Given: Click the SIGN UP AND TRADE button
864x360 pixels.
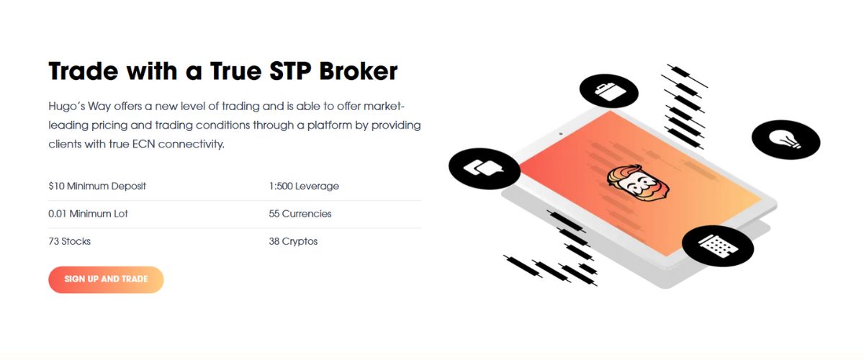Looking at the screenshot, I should pyautogui.click(x=106, y=279).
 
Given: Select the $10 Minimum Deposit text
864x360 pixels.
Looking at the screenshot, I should pyautogui.click(x=97, y=186).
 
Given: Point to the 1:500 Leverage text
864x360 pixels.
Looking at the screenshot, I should pyautogui.click(x=304, y=186).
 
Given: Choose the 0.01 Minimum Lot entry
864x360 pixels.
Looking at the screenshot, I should pyautogui.click(x=88, y=214).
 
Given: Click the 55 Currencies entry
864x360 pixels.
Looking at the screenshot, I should pyautogui.click(x=300, y=214).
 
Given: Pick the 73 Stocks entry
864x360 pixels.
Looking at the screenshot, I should pyautogui.click(x=70, y=241).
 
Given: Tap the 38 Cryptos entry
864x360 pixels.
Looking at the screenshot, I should pyautogui.click(x=293, y=241).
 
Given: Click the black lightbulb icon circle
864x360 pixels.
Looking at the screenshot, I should pyautogui.click(x=786, y=140).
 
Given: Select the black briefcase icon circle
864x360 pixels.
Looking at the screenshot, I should pyautogui.click(x=609, y=91).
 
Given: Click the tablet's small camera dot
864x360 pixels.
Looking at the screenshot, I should pyautogui.click(x=561, y=134).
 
